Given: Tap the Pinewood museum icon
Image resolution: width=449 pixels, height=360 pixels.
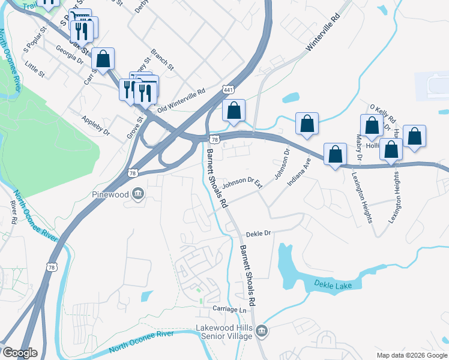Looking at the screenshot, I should (138, 194).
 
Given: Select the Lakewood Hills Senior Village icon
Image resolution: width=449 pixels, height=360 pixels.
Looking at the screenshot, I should (262, 331).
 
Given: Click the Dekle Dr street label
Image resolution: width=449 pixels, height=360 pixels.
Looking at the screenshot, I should (259, 233).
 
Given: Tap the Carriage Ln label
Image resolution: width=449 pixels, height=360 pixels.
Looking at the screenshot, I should (229, 309).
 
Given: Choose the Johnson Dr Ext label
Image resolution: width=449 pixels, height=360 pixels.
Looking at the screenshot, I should (243, 183).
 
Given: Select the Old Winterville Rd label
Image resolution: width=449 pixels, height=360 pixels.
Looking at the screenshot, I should (181, 101).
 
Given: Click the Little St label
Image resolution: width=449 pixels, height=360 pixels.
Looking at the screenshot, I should (35, 68).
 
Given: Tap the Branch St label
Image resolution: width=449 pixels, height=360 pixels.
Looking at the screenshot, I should (162, 59).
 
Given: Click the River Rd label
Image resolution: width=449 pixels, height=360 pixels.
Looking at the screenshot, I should (13, 212).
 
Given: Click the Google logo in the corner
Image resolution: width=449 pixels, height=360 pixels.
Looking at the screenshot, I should (19, 353).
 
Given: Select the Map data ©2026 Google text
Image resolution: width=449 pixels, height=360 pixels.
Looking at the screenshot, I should (412, 355).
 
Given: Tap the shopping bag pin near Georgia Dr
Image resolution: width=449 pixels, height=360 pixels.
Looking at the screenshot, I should (103, 59).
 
